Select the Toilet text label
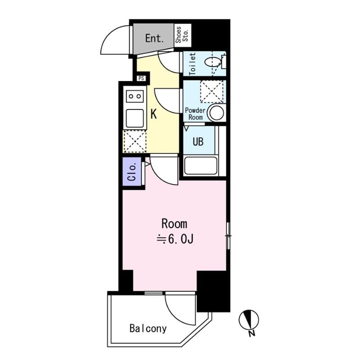click(x=192, y=63)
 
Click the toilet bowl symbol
click(x=211, y=63)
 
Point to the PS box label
click(x=142, y=78)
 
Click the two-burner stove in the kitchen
click(x=135, y=95)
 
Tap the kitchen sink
click(x=135, y=118)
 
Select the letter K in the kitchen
click(x=153, y=114)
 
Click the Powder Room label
click(x=195, y=114)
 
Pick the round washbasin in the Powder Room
click(x=216, y=113)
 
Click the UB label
click(x=198, y=141)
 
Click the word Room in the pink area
click(x=174, y=224)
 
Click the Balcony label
click(x=148, y=328)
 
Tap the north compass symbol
click(x=249, y=320)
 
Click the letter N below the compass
click(x=252, y=333)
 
